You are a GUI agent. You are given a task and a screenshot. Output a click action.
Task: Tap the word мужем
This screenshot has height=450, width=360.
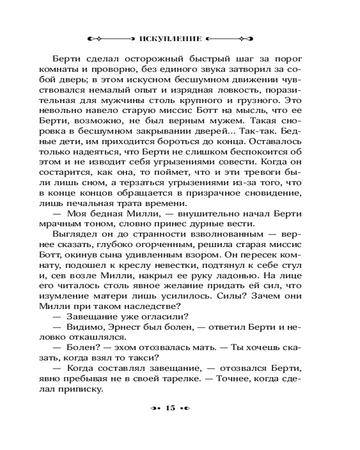(x=217, y=121)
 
